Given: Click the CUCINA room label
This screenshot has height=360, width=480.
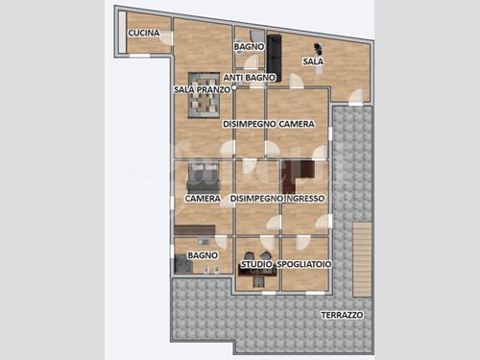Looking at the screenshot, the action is [x=144, y=33].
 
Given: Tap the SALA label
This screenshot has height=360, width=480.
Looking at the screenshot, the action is [x=313, y=61].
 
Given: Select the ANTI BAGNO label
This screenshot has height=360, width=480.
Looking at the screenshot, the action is [x=250, y=78].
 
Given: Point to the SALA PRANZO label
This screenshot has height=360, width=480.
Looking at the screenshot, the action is [x=202, y=89].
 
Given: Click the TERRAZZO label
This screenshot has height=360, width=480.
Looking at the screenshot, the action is [x=342, y=315].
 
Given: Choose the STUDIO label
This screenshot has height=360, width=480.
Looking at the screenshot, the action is [x=256, y=264].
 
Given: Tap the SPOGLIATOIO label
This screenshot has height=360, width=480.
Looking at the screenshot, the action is [x=304, y=264].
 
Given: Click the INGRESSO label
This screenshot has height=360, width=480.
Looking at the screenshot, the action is [x=305, y=199].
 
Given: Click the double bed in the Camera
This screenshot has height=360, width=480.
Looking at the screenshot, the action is [x=204, y=178].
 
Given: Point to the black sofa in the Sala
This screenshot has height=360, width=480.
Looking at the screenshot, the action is [x=274, y=58].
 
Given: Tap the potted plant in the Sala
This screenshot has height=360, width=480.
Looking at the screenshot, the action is [x=318, y=48].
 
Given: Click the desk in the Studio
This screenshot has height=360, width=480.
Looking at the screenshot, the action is [x=257, y=272].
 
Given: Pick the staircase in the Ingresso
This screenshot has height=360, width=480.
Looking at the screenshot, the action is [x=299, y=172].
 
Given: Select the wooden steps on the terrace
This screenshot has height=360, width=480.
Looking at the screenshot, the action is [x=362, y=259].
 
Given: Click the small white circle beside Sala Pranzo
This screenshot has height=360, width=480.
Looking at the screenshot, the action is [x=234, y=87].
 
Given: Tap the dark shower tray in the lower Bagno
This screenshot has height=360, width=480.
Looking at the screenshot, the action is [x=183, y=266].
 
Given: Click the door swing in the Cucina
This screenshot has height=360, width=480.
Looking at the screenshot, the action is [x=166, y=38].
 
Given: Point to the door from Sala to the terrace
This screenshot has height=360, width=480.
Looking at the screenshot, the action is [x=356, y=97].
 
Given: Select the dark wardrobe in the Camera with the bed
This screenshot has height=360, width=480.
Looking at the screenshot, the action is [x=195, y=230].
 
